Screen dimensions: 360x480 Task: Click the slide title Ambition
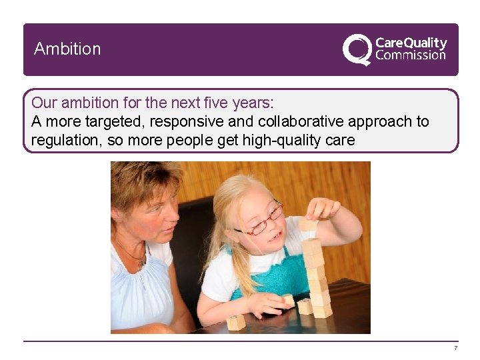tap(67, 49)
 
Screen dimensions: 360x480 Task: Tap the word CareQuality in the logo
tap(411, 43)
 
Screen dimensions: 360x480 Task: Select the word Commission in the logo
tap(411, 55)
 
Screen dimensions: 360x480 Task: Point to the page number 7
tap(455, 349)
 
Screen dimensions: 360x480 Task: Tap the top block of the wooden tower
tap(308, 224)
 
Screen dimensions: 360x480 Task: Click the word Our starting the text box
tap(44, 103)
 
